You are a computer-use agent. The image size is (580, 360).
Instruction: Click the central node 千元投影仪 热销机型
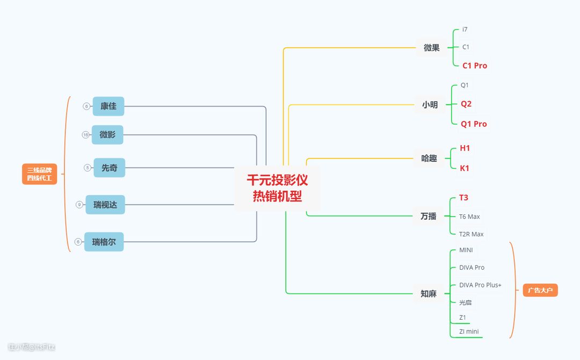pyautogui.click(x=277, y=188)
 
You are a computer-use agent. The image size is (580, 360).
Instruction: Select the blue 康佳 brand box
pyautogui.click(x=108, y=106)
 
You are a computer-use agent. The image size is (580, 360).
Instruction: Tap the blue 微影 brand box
pyautogui.click(x=107, y=135)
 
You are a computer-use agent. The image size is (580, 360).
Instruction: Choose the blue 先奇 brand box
pyautogui.click(x=110, y=168)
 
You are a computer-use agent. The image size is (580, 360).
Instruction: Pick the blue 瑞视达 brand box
pyautogui.click(x=105, y=205)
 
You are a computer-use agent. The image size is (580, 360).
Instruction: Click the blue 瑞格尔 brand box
pyautogui.click(x=104, y=242)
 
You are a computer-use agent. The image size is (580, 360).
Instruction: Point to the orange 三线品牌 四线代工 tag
pyautogui.click(x=40, y=174)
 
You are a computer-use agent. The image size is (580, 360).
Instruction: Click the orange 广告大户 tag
pyautogui.click(x=540, y=291)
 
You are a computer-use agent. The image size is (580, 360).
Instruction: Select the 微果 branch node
pyautogui.click(x=432, y=48)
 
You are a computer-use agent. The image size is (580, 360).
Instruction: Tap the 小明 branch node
pyautogui.click(x=430, y=105)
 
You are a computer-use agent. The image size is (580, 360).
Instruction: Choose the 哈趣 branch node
pyautogui.click(x=429, y=159)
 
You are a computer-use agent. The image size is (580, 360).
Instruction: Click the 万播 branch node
pyautogui.click(x=429, y=217)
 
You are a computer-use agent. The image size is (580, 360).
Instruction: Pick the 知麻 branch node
pyautogui.click(x=429, y=294)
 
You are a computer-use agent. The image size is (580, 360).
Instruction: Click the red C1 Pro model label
pyautogui.click(x=475, y=66)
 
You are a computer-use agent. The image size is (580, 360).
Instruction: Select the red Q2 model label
pyautogui.click(x=466, y=104)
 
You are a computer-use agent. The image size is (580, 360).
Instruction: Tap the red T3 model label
pyautogui.click(x=463, y=198)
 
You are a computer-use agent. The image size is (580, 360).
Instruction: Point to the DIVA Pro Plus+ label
pyautogui.click(x=480, y=285)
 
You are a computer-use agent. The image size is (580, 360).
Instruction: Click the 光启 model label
pyautogui.click(x=465, y=303)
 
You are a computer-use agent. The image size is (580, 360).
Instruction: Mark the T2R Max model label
pyautogui.click(x=471, y=234)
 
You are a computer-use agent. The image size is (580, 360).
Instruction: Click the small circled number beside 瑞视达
pyautogui.click(x=79, y=205)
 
